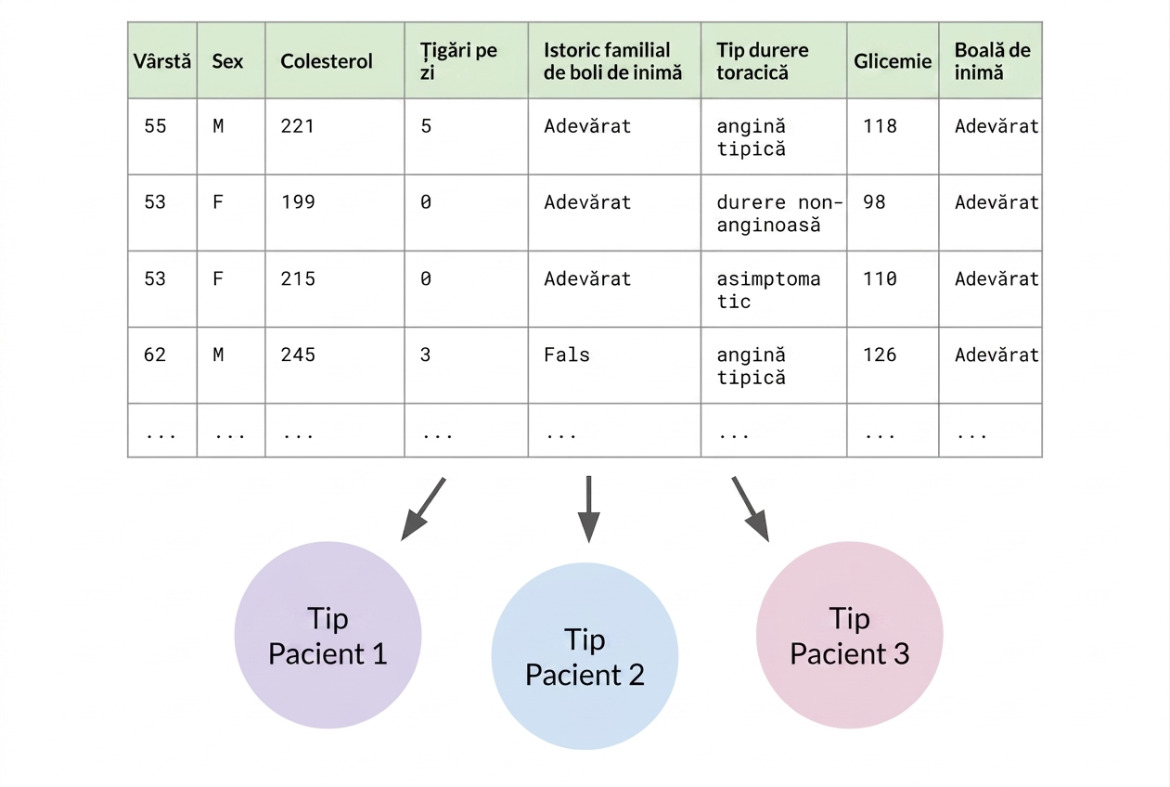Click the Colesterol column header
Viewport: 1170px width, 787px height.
327,61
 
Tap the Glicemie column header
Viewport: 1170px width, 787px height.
893,61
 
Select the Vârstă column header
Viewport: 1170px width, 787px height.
162,61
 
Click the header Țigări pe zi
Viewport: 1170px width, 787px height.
458,61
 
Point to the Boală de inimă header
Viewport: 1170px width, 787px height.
993,61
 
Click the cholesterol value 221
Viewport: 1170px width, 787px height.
298,126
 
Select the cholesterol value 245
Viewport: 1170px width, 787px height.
298,355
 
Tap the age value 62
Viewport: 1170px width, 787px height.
155,355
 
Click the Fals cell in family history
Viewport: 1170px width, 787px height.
567,355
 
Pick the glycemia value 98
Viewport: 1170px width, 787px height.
874,202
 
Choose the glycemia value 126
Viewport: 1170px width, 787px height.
880,355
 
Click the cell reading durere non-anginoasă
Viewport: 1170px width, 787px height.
779,213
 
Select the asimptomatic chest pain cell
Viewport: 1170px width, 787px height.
768,290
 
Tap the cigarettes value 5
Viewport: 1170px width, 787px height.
426,126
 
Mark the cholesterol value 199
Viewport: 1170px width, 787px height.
298,202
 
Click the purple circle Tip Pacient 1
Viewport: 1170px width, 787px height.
328,635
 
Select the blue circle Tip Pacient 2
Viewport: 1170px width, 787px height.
585,656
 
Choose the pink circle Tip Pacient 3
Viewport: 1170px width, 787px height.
850,635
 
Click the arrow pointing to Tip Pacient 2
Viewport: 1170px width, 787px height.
588,510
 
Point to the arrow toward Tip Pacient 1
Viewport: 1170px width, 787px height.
423,509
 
